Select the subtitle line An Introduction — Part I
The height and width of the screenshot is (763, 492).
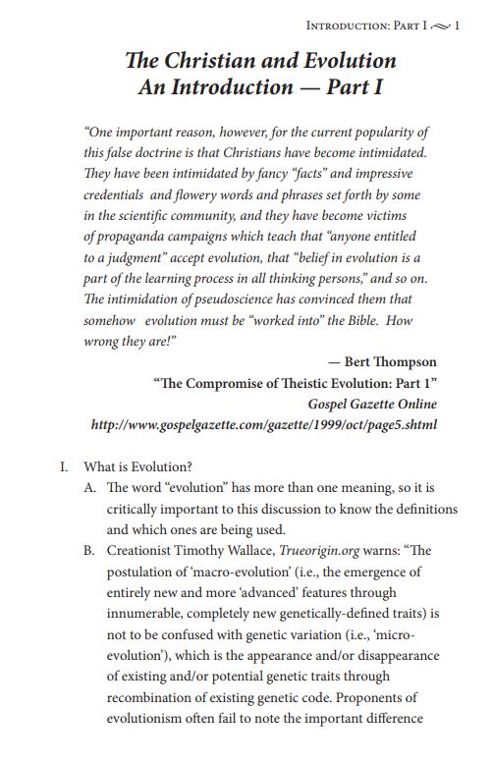pyautogui.click(x=260, y=86)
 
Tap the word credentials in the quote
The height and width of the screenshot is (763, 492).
pyautogui.click(x=116, y=194)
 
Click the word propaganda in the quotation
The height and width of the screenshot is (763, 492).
pyautogui.click(x=132, y=236)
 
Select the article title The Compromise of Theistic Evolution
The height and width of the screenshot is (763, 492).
pyautogui.click(x=295, y=384)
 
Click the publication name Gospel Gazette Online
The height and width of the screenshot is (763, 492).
pyautogui.click(x=371, y=405)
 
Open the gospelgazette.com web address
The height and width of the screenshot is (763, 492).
pyautogui.click(x=263, y=425)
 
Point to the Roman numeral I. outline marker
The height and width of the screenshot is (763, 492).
pyautogui.click(x=65, y=468)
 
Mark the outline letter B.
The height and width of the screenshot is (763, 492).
pyautogui.click(x=90, y=551)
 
